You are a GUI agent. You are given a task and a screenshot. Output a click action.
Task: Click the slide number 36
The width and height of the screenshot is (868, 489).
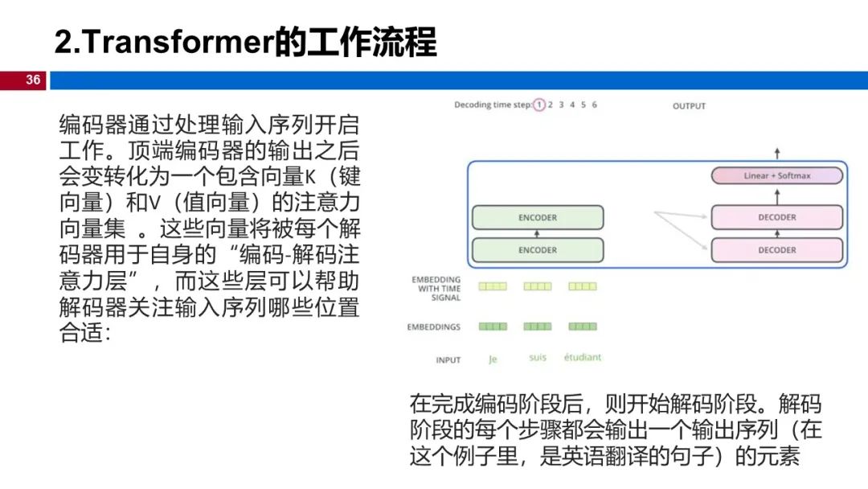[33, 80]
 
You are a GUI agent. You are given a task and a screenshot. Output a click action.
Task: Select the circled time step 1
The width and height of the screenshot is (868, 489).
[539, 105]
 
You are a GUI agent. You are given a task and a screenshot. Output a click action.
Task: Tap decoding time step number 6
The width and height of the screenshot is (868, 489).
[594, 105]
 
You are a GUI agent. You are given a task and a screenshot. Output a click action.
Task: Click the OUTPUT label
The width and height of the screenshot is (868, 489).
[689, 106]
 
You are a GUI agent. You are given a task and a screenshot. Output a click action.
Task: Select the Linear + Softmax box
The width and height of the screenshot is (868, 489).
[776, 175]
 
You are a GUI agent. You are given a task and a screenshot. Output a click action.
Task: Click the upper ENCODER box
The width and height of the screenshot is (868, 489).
[537, 218]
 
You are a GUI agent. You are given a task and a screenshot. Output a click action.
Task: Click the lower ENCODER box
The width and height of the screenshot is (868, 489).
[537, 250]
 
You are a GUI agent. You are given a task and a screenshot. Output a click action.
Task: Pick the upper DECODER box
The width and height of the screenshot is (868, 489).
[776, 217]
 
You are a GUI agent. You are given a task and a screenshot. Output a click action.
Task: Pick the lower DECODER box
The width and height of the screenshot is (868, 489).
[776, 250]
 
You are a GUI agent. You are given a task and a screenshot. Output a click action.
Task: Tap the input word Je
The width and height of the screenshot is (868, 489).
[493, 360]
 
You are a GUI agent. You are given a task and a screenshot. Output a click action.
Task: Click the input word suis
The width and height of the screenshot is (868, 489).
[537, 358]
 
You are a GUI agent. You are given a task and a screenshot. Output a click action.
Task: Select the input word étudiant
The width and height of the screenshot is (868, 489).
[582, 358]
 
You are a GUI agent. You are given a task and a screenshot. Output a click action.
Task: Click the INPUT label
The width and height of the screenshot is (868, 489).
[448, 360]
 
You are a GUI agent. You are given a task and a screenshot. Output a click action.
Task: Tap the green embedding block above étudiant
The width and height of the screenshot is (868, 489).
[582, 327]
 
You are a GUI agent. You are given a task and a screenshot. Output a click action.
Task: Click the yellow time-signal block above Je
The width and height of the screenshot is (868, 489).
[493, 286]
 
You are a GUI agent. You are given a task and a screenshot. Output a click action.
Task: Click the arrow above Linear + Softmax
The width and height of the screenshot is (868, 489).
[776, 153]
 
